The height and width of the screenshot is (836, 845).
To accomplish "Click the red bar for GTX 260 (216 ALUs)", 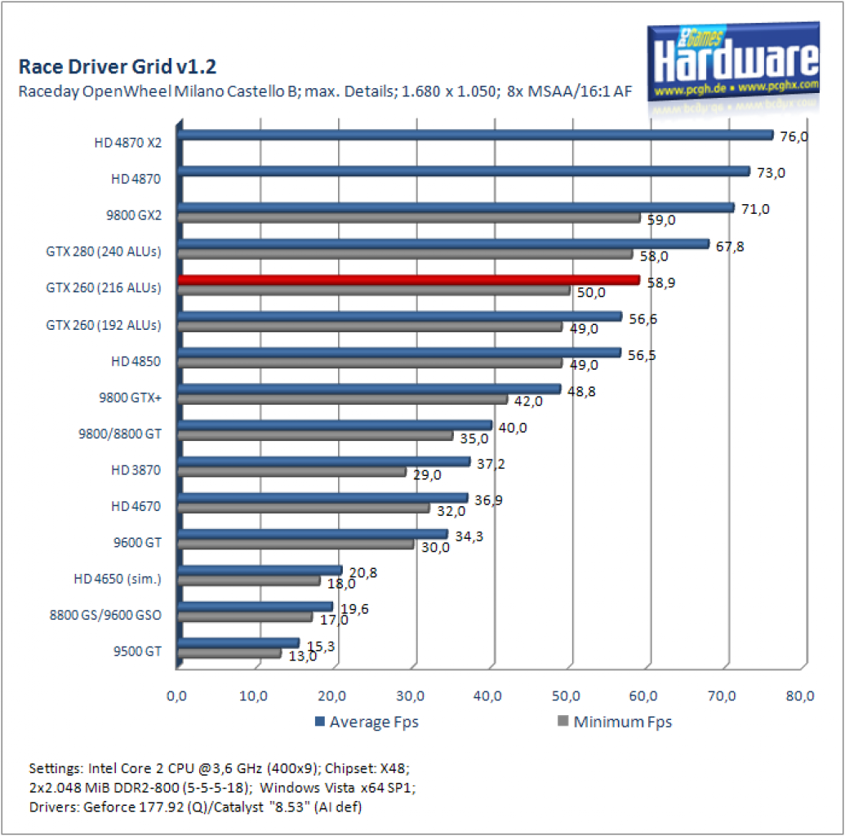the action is (408, 280).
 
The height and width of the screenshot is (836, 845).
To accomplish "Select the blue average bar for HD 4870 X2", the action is (475, 135).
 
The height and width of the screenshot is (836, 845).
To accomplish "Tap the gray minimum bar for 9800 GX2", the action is (409, 218).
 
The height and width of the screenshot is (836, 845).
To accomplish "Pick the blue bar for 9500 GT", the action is (238, 643).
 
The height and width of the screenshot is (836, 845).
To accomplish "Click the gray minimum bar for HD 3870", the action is (291, 472).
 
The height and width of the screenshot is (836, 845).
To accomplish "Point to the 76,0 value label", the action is (794, 137).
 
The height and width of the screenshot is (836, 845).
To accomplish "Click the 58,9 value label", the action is (660, 282).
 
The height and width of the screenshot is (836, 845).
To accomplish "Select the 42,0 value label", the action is (528, 401).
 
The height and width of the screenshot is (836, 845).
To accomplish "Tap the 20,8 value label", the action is (362, 572).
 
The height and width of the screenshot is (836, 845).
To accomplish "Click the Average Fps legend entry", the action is (367, 722).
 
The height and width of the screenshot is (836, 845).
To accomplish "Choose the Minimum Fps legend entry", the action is (615, 722).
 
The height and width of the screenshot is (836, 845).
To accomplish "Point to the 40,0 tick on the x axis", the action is (487, 696).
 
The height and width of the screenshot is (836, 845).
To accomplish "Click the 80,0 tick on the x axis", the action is (800, 696).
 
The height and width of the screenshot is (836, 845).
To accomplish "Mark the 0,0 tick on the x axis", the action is (176, 696).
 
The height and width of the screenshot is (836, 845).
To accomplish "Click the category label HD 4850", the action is (136, 361).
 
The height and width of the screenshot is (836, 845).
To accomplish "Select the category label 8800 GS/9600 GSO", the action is (105, 615).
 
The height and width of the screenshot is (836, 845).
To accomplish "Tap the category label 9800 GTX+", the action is (130, 398).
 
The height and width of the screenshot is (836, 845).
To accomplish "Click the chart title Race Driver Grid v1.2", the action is (118, 66).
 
